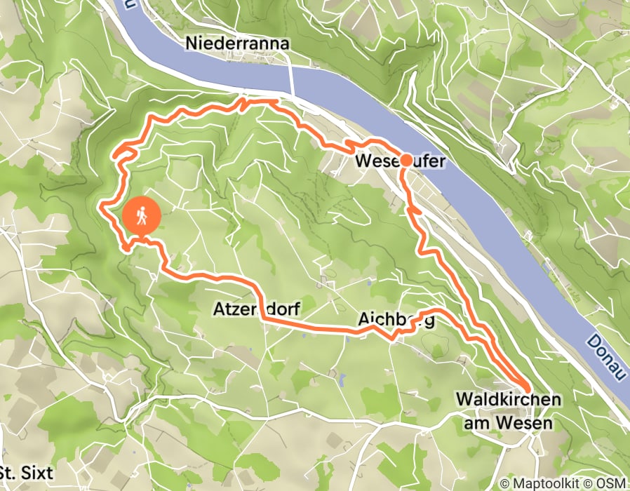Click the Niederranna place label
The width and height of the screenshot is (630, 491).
[x=237, y=44]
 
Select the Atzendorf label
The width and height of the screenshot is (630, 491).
[x=253, y=309]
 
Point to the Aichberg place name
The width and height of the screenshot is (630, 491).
[x=396, y=321]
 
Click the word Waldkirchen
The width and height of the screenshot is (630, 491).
[x=509, y=399]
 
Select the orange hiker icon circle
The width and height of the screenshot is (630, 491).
[x=142, y=217]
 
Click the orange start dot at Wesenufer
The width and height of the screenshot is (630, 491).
[x=406, y=160]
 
